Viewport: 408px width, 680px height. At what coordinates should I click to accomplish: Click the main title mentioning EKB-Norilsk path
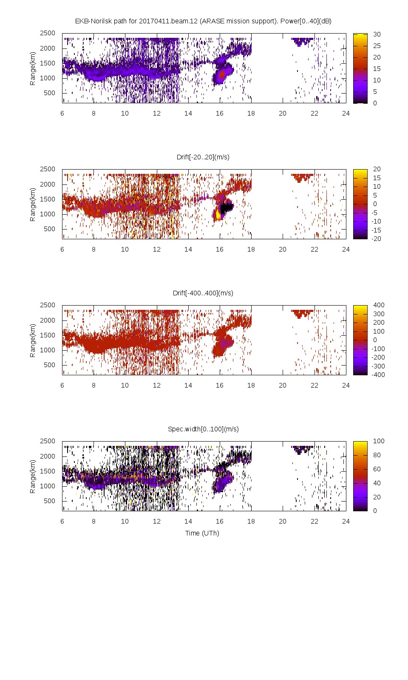click(x=203, y=21)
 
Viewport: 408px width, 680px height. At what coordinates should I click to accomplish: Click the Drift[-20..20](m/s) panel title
click(x=203, y=157)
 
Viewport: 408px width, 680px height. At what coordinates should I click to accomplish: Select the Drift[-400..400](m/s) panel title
click(x=203, y=293)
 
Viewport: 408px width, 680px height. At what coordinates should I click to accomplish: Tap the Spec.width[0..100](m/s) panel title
click(x=203, y=429)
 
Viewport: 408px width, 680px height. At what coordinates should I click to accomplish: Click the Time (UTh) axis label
click(x=202, y=533)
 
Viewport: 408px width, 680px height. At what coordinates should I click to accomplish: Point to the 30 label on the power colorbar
click(x=377, y=34)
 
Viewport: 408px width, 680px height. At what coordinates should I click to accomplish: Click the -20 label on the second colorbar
click(x=377, y=238)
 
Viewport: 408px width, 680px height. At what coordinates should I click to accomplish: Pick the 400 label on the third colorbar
click(x=378, y=305)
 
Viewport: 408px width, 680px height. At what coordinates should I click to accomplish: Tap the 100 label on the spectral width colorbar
click(x=378, y=441)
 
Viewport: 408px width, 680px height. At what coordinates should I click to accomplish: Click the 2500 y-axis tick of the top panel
click(x=48, y=33)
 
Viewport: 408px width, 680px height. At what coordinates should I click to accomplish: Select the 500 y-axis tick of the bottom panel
click(x=49, y=501)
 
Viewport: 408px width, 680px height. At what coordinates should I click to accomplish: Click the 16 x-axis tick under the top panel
click(x=219, y=113)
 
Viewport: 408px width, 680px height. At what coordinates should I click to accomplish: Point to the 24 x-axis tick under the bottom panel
click(x=346, y=521)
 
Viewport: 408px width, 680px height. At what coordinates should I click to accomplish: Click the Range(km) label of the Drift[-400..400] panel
click(x=32, y=340)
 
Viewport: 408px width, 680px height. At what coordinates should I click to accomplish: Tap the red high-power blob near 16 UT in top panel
click(x=221, y=75)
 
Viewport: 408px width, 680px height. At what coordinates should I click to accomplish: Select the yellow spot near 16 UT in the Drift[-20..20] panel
click(x=218, y=214)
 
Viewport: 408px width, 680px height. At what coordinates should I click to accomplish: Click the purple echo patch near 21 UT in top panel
click(x=302, y=41)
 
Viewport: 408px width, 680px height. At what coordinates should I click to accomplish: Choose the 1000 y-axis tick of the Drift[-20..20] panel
click(x=48, y=214)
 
